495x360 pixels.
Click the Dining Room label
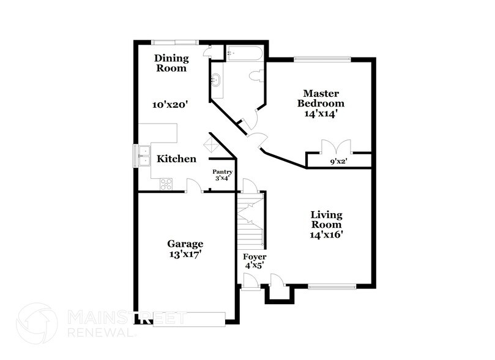[x=171, y=63]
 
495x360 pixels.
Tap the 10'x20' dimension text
[x=169, y=105]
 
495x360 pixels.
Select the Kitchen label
[x=177, y=159]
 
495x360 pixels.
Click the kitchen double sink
[x=144, y=156]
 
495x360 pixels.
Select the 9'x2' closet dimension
[x=339, y=162]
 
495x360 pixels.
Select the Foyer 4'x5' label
[x=254, y=261]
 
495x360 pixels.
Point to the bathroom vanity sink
[x=216, y=80]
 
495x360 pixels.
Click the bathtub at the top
[x=244, y=53]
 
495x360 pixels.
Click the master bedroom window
[x=322, y=59]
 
